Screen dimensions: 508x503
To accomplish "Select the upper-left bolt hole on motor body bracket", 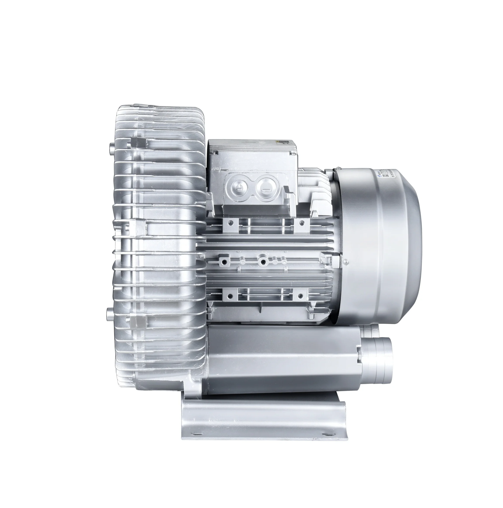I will point(231,216).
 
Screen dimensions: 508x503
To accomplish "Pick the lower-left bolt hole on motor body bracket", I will point(231,297).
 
